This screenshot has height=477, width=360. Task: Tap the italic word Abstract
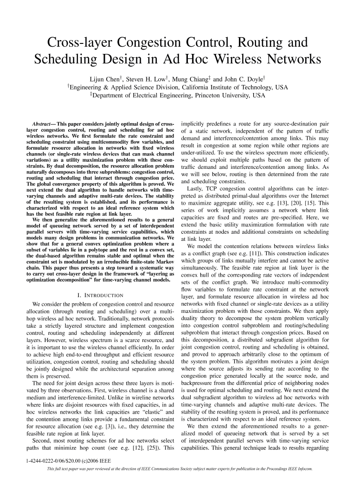pyautogui.click(x=40, y=124)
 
